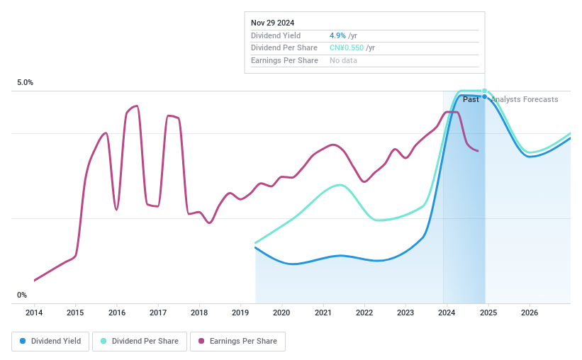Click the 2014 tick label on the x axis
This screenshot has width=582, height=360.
(34, 313)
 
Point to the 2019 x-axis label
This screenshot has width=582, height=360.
(240, 313)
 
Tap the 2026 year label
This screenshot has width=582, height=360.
(530, 313)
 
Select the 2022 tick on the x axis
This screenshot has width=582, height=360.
(364, 313)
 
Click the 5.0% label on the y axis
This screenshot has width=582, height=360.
(25, 83)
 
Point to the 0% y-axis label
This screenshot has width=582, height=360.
(22, 295)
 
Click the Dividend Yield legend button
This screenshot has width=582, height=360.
(50, 341)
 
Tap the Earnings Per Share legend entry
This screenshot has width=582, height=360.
(237, 341)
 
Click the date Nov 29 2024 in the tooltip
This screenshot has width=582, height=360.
(274, 23)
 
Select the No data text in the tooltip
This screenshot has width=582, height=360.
(343, 61)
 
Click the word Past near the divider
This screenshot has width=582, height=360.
(471, 99)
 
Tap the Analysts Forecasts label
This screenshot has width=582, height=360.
(525, 99)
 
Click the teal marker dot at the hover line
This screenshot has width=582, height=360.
(485, 91)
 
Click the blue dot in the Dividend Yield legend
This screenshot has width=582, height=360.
(23, 341)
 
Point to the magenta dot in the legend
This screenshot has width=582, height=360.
(202, 341)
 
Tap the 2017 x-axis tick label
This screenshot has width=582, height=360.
(158, 313)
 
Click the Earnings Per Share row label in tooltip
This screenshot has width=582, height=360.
(284, 61)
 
